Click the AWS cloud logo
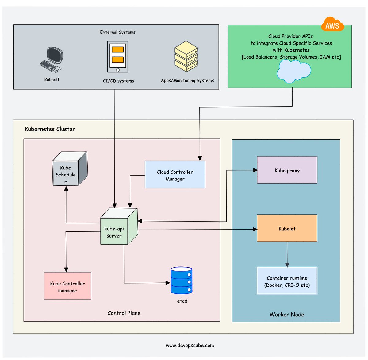pyautogui.click(x=332, y=25)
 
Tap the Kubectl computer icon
pyautogui.click(x=52, y=60)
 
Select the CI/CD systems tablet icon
pyautogui.click(x=117, y=57)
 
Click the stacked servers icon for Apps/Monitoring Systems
pyautogui.click(x=186, y=56)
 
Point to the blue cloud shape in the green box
pyautogui.click(x=293, y=71)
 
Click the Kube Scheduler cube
pyautogui.click(x=69, y=169)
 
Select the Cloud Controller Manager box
pyautogui.click(x=175, y=174)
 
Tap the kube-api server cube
pyautogui.click(x=118, y=227)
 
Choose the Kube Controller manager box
pyautogui.click(x=67, y=286)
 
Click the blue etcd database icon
pyautogui.click(x=182, y=281)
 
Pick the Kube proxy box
pyautogui.click(x=287, y=170)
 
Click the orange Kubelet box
pyautogui.click(x=287, y=228)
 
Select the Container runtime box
pyautogui.click(x=287, y=281)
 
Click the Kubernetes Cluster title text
pyautogui.click(x=50, y=129)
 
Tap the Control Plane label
pyautogui.click(x=124, y=313)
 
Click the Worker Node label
pyautogui.click(x=287, y=314)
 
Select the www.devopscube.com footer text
pyautogui.click(x=190, y=346)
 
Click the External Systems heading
pyautogui.click(x=118, y=32)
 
